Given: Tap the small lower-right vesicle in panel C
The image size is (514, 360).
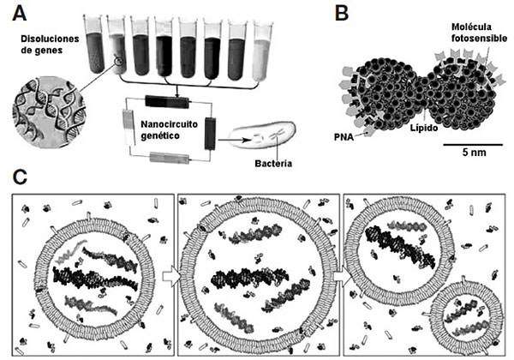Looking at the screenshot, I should click(463, 316).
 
